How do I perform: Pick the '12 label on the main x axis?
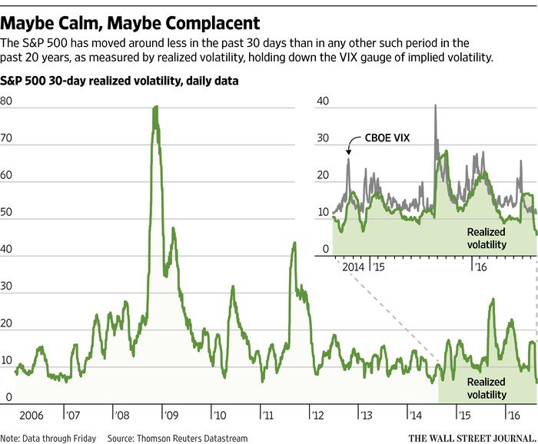click(x=317, y=415)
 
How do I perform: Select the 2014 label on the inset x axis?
click(x=352, y=267)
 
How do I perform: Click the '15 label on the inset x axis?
click(x=377, y=267)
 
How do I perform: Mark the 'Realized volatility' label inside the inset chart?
click(x=485, y=237)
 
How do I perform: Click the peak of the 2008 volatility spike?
click(x=155, y=108)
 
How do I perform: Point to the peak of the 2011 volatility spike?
click(x=294, y=244)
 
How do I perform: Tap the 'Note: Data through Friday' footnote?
click(x=48, y=438)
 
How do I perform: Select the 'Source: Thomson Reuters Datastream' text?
click(x=178, y=438)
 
